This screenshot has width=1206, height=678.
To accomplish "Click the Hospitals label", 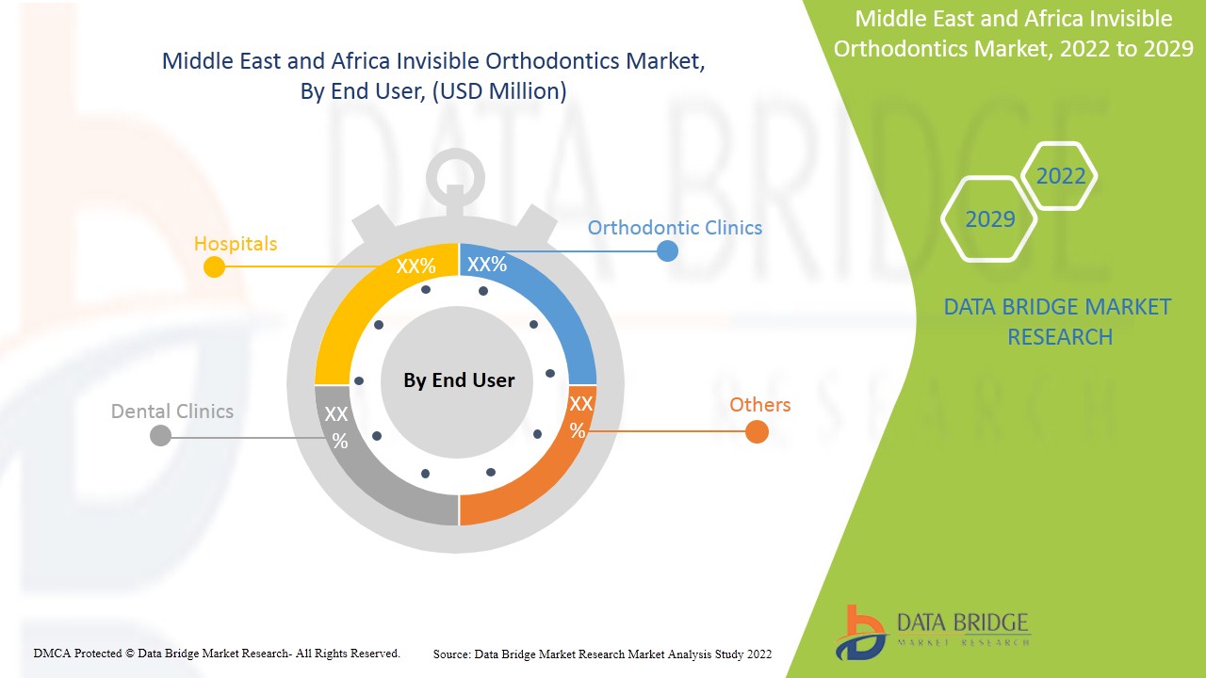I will click(235, 244).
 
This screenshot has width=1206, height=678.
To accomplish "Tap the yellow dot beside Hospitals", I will click(214, 266).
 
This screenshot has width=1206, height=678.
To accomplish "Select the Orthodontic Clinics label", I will click(675, 228).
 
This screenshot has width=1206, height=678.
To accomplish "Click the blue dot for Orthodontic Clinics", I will click(667, 250).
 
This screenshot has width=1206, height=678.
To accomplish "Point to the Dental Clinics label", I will click(171, 412).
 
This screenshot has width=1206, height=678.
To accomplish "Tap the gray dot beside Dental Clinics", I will click(160, 435).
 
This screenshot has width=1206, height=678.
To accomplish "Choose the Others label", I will click(759, 405).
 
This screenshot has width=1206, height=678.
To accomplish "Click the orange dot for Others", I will click(757, 431).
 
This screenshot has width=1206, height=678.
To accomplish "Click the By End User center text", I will click(459, 380).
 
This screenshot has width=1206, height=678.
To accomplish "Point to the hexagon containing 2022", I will click(1060, 176).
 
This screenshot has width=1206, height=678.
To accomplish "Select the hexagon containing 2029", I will click(989, 219).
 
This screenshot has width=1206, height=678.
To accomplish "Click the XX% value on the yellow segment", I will click(416, 266).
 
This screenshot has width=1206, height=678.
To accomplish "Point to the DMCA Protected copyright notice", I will click(217, 653).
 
